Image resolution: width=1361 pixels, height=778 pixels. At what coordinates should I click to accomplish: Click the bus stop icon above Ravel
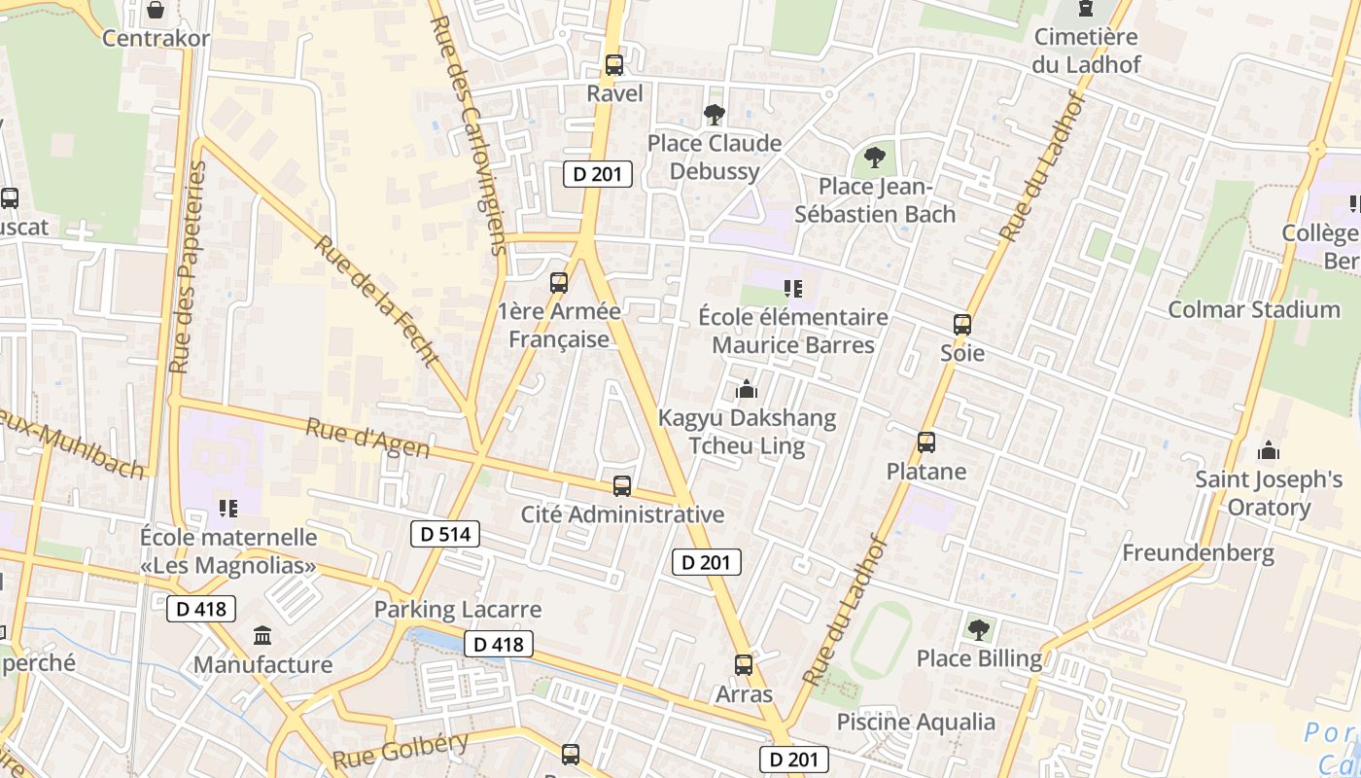pos(613,65)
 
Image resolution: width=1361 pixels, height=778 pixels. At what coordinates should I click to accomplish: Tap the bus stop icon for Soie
pos(961,325)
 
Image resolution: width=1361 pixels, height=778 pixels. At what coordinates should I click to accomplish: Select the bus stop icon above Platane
pos(925,442)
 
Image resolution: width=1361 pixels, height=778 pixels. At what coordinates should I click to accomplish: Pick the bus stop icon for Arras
pos(744,665)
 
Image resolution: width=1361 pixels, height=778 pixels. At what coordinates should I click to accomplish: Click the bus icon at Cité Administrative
pos(621,485)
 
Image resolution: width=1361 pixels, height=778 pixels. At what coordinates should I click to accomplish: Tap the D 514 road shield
pos(445,534)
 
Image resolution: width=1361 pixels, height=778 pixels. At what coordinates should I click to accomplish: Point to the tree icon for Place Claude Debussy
pos(715,115)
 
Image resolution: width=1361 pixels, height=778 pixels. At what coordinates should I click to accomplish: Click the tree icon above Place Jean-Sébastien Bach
pos(875,157)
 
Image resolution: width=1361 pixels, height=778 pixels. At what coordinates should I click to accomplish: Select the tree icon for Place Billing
pos(978,630)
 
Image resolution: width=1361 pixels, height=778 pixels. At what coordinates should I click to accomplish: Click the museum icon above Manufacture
pos(262,636)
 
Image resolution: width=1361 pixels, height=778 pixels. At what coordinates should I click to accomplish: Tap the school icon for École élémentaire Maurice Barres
pos(793,288)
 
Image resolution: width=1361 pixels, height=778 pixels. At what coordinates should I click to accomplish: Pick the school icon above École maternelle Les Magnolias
pos(228,508)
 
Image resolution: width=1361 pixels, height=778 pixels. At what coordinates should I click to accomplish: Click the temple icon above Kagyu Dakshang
pos(747,389)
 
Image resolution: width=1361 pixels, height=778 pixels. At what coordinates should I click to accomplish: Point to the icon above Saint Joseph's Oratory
pos(1268,450)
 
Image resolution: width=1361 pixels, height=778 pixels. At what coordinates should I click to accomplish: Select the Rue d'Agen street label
pos(367,437)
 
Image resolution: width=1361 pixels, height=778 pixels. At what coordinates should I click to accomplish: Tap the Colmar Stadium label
pos(1253,310)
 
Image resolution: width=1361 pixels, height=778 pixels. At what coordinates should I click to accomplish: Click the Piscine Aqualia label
pos(916,722)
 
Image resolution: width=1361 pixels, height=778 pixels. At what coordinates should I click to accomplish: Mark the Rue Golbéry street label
pos(401,750)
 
